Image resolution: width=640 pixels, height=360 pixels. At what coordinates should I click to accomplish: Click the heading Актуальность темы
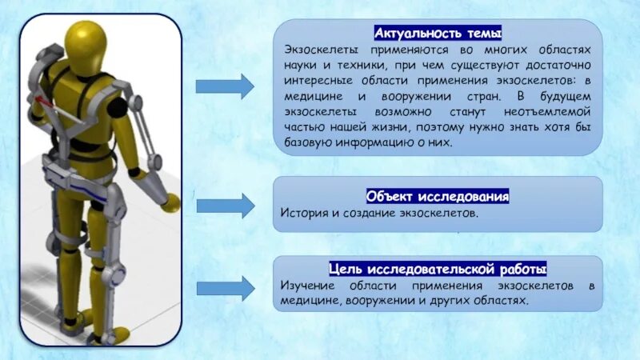(438, 34)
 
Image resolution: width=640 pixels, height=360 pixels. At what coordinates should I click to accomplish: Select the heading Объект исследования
(438, 196)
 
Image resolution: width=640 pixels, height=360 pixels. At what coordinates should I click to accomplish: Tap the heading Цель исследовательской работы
(438, 268)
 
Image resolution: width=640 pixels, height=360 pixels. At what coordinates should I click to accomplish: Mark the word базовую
(309, 143)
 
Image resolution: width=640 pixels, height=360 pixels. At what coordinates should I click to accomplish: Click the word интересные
(319, 81)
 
